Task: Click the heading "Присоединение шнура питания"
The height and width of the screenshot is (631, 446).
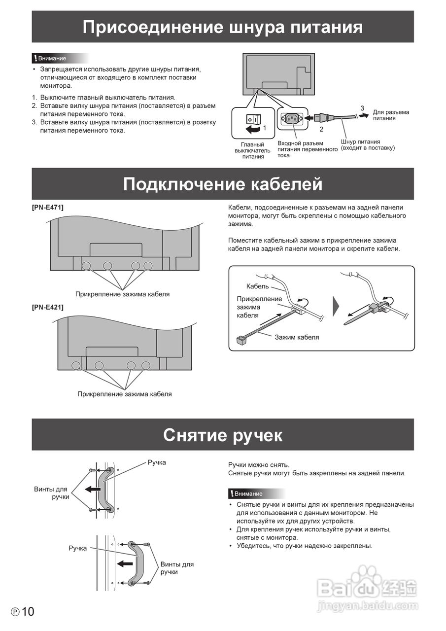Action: tap(223, 27)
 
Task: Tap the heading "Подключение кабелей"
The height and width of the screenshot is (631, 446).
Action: tap(223, 184)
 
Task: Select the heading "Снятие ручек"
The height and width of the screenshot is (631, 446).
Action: tap(223, 435)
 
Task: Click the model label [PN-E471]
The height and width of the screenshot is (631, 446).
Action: tap(48, 207)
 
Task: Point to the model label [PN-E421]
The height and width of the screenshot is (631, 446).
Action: tap(48, 307)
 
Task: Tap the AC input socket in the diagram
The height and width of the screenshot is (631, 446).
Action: tap(291, 118)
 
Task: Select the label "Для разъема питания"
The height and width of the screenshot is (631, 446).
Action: tap(391, 115)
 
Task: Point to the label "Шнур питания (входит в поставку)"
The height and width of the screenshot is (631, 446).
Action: tap(368, 145)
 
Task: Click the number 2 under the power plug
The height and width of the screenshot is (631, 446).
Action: tap(321, 129)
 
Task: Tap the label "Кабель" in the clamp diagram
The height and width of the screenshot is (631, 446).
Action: tap(257, 286)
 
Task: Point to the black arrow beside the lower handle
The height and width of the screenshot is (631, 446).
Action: tap(125, 563)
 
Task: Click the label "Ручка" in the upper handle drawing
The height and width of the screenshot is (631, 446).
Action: tap(157, 462)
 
